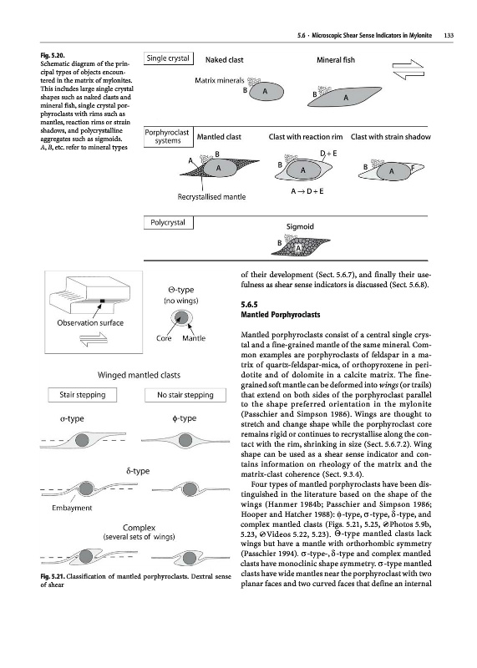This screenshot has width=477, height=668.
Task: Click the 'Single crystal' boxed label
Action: coord(168,58)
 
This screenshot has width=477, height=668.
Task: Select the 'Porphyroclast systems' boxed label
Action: coord(168,137)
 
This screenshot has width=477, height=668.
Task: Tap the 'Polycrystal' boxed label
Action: coord(168,222)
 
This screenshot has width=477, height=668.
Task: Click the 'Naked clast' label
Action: coord(224,60)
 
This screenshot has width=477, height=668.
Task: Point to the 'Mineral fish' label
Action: coord(336,60)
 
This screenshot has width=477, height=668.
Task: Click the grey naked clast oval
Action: coord(266,91)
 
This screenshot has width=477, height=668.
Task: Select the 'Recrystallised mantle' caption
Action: coord(211,197)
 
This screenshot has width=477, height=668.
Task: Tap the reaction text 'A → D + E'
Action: coord(307,191)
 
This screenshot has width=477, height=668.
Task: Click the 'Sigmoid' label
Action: coord(300,226)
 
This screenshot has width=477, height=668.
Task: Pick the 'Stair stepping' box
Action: coord(82,395)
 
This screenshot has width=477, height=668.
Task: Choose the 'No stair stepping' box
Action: coord(185,395)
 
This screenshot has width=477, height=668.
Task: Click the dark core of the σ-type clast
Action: coord(82,440)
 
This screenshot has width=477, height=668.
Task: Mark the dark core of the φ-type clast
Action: coord(185,440)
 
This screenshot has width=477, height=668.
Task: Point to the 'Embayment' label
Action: coord(72,508)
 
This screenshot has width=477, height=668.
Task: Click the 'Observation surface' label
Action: coord(90,323)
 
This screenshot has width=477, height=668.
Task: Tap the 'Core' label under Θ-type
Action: coord(164,338)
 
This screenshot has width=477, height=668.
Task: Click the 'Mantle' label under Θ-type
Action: coord(194,338)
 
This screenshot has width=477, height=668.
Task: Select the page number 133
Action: coord(449,35)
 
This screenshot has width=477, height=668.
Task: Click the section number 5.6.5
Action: coord(250,305)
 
